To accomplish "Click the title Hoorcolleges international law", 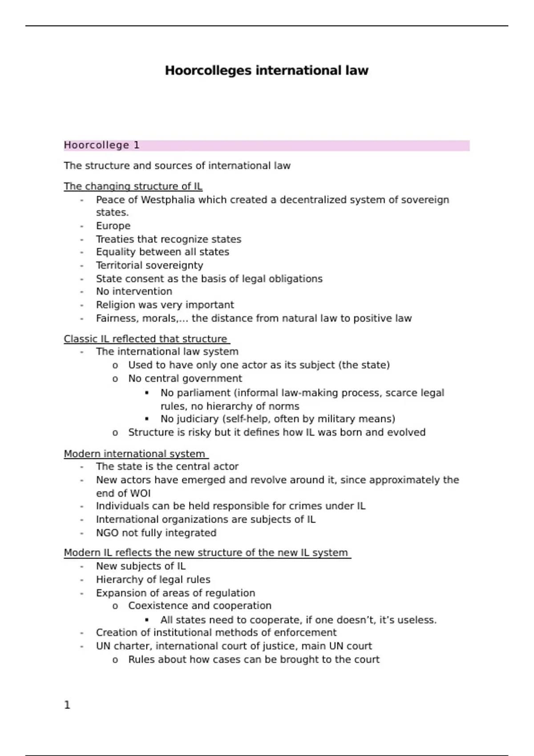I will coord(267,71).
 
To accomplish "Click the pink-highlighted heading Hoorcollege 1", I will coord(101,145).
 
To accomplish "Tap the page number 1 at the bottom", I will coord(67,705).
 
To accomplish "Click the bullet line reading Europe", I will coord(113,226).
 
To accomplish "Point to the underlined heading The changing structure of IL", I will coord(133,186).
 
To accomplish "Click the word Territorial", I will coord(119,265).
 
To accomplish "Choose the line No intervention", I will coord(134,292).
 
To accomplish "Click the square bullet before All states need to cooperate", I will coord(147,619).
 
